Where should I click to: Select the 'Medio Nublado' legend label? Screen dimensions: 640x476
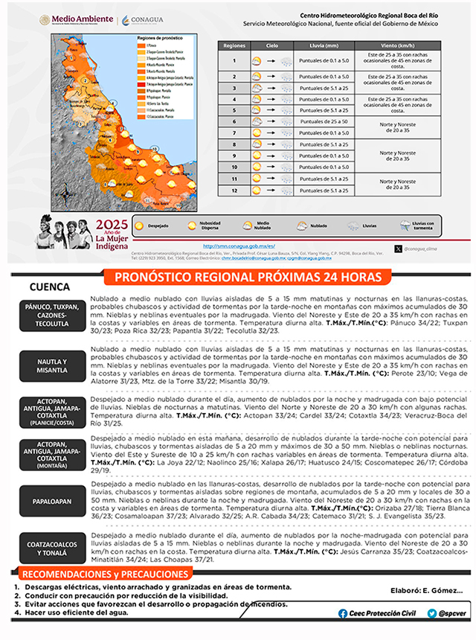pos(263,224)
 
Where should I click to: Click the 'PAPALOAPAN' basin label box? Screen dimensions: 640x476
pos(52,502)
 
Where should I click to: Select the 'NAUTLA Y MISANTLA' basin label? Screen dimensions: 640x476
pos(52,364)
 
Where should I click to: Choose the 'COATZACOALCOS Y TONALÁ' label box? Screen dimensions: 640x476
pos(52,549)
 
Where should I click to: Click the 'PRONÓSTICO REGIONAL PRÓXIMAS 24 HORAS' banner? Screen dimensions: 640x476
pos(245,277)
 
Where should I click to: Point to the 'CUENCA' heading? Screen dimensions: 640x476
pos(51,287)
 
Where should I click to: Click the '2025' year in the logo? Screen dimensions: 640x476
pos(112,225)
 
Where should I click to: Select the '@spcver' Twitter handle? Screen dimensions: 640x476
pos(452,612)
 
